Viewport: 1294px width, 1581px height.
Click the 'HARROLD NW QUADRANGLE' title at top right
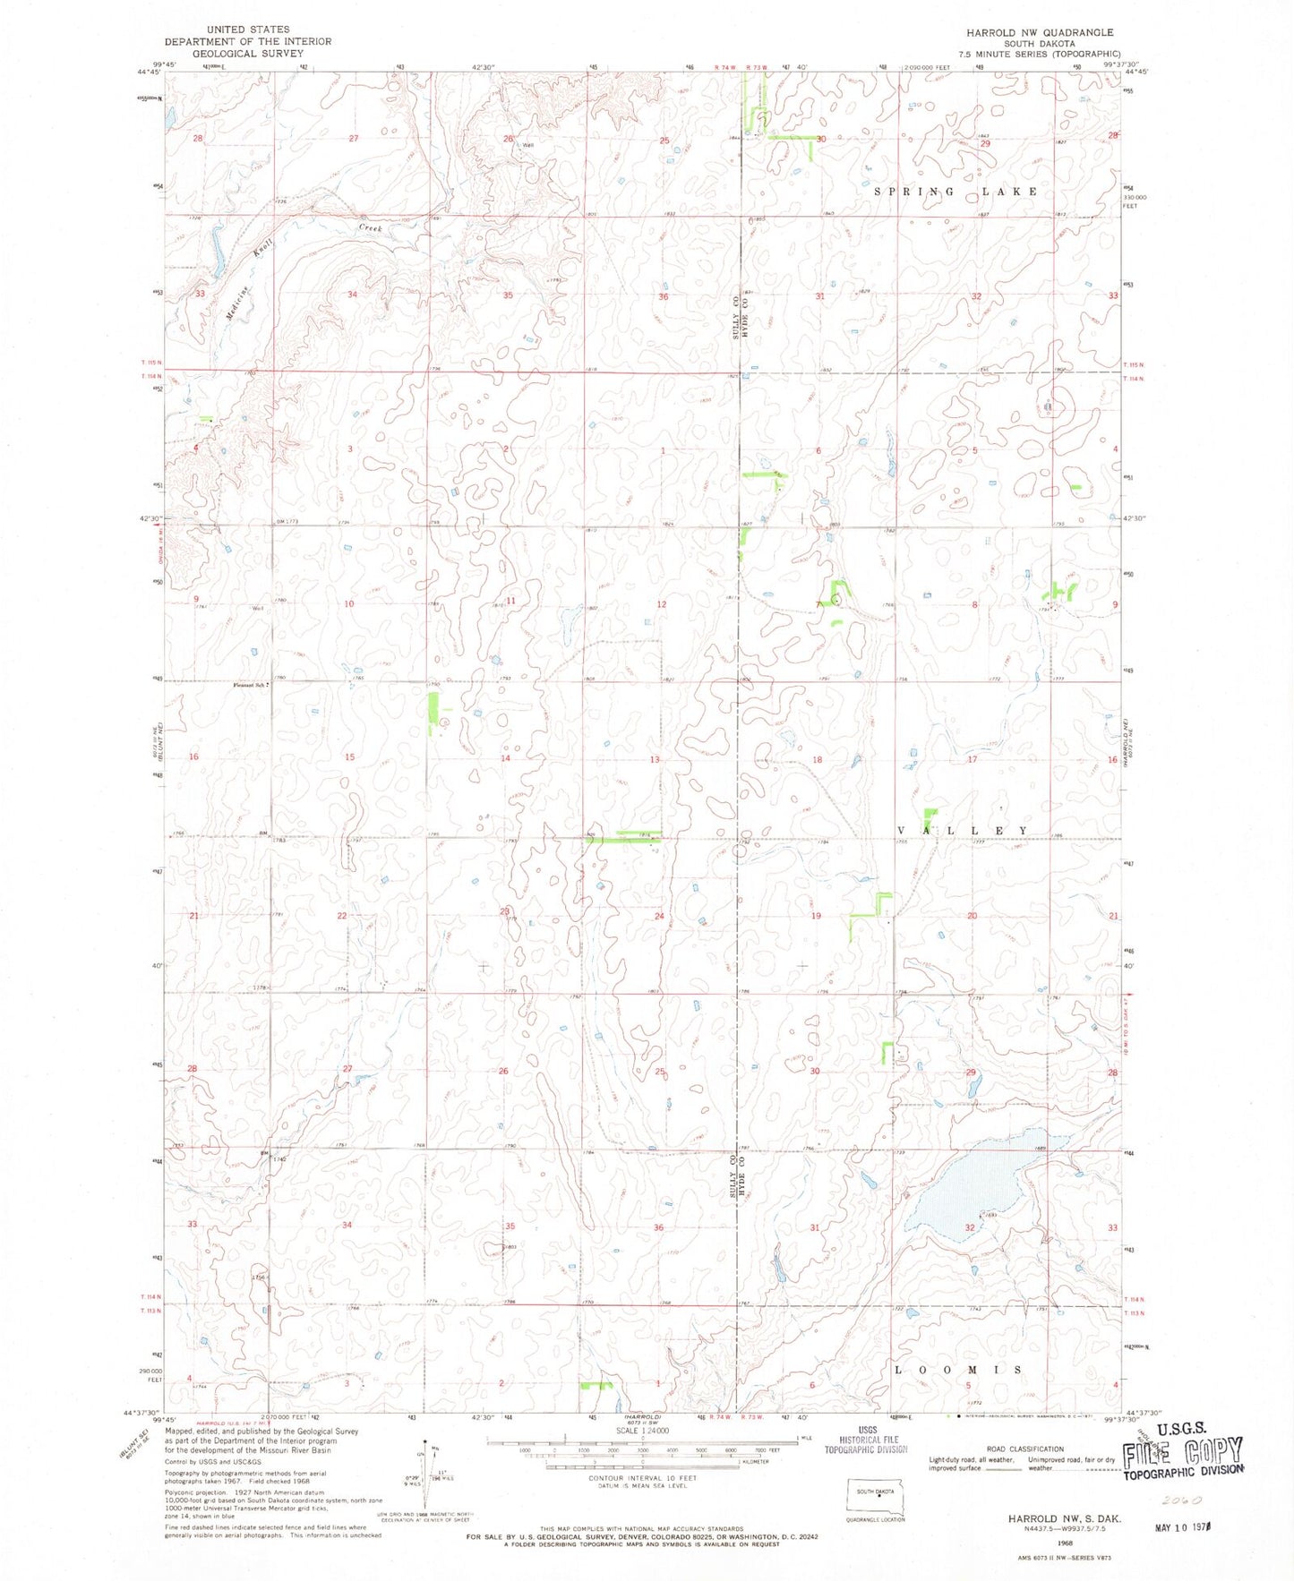pos(1039,32)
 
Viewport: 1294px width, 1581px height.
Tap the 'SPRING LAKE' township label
pos(956,192)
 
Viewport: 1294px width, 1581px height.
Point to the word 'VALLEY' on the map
pos(964,831)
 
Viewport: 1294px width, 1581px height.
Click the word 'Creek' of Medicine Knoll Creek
pos(371,228)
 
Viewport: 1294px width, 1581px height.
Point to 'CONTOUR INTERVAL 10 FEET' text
pos(638,1476)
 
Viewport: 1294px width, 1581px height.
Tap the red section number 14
pos(505,758)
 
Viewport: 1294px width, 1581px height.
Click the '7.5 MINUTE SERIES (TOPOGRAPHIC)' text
pos(1039,53)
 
